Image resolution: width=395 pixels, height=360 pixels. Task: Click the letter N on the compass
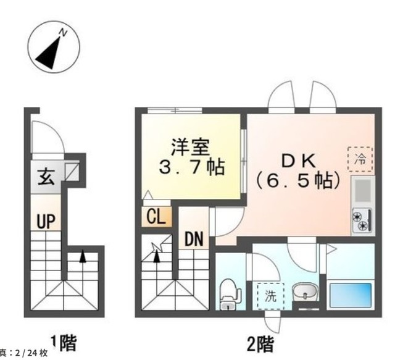tap(63, 33)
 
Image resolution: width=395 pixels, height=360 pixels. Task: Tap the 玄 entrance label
tap(46, 177)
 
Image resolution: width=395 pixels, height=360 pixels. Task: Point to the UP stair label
tap(46, 221)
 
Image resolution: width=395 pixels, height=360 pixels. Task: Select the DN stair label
tap(194, 239)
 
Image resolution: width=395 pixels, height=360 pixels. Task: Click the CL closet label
tap(156, 217)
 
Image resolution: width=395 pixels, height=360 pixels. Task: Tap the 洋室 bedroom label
tap(191, 147)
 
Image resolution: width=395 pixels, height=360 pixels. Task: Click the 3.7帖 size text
tap(192, 167)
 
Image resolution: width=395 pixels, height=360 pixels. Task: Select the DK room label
tap(298, 161)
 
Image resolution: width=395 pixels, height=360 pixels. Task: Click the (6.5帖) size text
tap(298, 180)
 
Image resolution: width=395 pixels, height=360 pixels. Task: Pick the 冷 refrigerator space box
tap(360, 159)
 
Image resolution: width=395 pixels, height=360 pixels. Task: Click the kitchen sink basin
tap(363, 191)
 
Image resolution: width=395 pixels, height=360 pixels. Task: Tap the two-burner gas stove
tap(362, 220)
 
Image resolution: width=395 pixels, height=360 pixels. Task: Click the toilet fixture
tap(229, 294)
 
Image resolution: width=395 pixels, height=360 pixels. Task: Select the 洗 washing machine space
tap(271, 296)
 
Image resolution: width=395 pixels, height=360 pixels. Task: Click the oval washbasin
tap(306, 291)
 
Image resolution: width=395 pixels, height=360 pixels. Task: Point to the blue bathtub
tap(351, 295)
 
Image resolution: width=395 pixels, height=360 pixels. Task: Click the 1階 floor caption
tap(64, 343)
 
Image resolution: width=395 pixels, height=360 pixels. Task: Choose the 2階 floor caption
tap(260, 345)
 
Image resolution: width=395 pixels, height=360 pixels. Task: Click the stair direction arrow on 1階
tap(83, 257)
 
